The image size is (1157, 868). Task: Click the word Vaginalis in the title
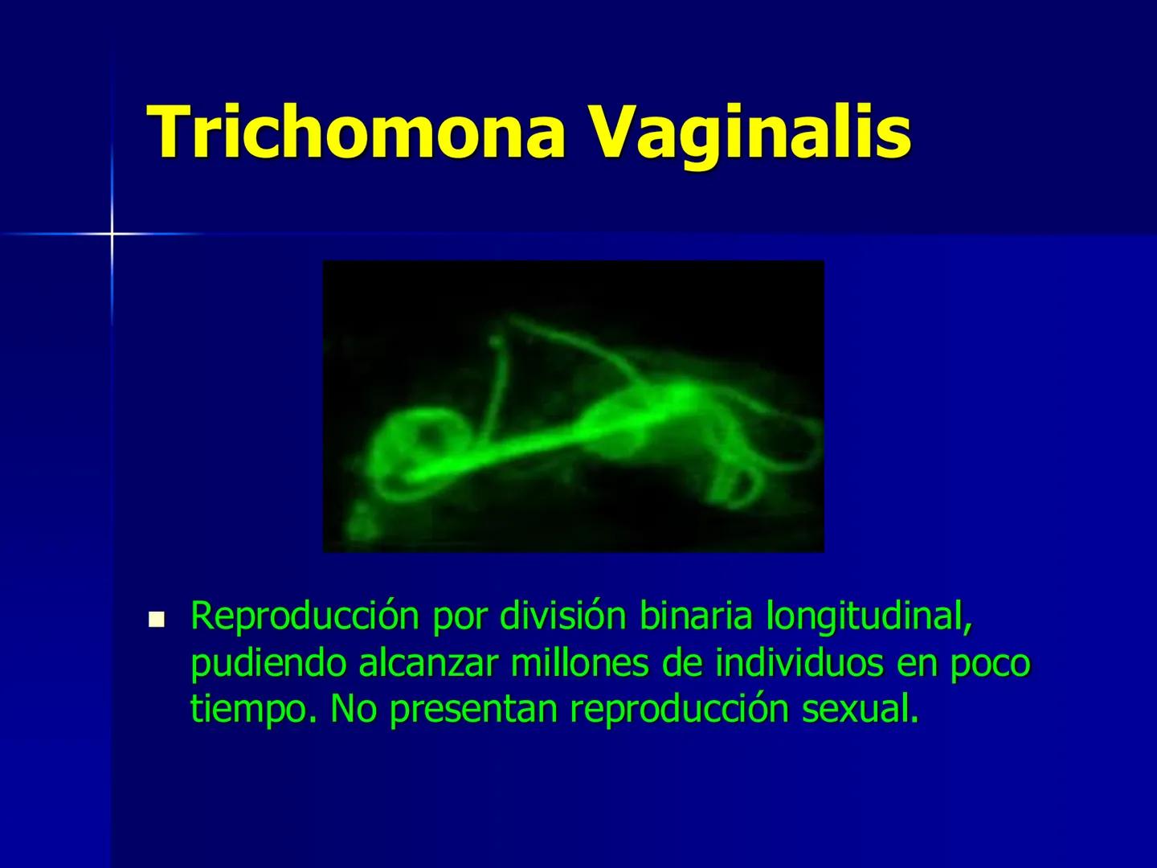(x=750, y=132)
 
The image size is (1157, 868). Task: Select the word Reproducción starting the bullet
(x=305, y=617)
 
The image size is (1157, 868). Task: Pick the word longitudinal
(x=869, y=617)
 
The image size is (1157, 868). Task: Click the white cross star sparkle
(x=112, y=234)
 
